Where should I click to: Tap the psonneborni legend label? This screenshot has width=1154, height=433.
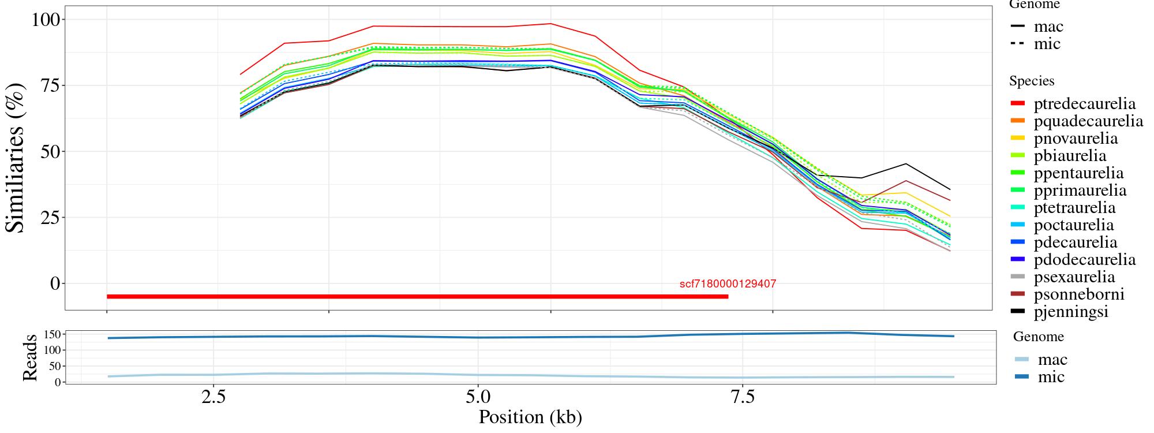(1079, 294)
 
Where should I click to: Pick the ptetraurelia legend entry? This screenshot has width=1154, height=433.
(1074, 208)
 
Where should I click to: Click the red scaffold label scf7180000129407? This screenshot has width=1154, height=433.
(728, 284)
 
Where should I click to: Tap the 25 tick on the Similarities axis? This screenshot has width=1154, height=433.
(53, 218)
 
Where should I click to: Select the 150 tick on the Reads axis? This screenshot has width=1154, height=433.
(53, 334)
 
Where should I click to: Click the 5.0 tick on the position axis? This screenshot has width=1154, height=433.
(477, 398)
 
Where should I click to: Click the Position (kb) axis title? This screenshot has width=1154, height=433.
(530, 417)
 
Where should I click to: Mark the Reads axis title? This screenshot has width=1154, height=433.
(30, 357)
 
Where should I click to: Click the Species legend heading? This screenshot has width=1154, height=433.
(1032, 81)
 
